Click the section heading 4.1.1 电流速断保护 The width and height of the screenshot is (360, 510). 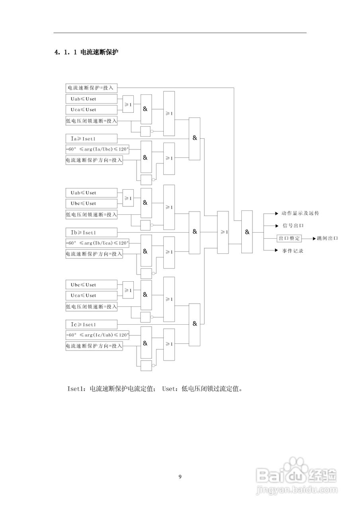coord(86,52)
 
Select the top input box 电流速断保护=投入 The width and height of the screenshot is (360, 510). coord(91,88)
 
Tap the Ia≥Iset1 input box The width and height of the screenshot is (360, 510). coord(91,139)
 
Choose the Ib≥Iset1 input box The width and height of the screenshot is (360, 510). coord(91,232)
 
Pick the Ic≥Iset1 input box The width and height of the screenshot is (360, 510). coord(91,325)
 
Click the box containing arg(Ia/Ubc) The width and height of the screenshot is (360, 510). coord(98,149)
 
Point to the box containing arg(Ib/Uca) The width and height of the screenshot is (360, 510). coord(98,243)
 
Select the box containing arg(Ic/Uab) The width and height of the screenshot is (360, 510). coord(98,335)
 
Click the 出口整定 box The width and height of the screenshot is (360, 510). coord(290,238)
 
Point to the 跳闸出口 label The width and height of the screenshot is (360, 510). coord(327,238)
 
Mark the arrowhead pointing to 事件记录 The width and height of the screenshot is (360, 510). coord(276,251)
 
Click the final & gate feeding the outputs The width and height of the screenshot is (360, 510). coord(247,232)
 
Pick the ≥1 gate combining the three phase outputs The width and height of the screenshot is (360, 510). coord(223,232)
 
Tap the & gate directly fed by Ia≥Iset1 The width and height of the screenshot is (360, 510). coord(194,138)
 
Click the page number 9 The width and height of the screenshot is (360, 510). coord(180,477)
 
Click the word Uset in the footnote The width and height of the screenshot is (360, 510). coord(169,388)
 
